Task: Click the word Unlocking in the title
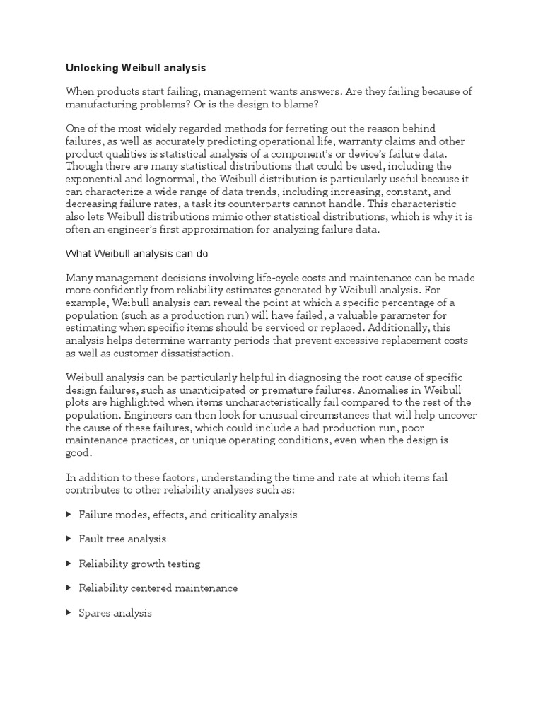coord(93,68)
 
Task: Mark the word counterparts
coord(274,204)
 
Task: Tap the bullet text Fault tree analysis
coord(122,539)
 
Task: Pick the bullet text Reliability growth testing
coord(139,564)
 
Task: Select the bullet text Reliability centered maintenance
coord(158,588)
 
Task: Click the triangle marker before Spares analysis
coord(69,613)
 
